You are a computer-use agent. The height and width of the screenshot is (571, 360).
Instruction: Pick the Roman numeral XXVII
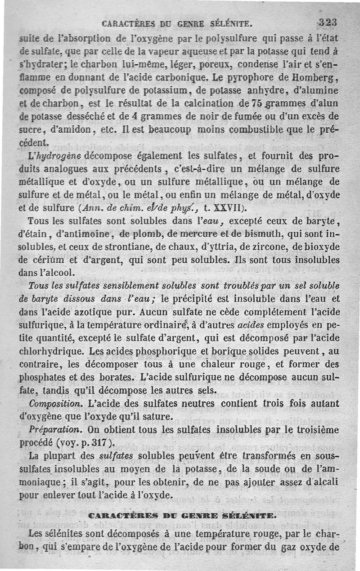pos(224,208)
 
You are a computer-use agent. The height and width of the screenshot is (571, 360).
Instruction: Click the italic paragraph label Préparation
pos(49,430)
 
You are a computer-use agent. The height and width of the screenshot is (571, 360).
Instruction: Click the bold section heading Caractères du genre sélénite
pos(180,515)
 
